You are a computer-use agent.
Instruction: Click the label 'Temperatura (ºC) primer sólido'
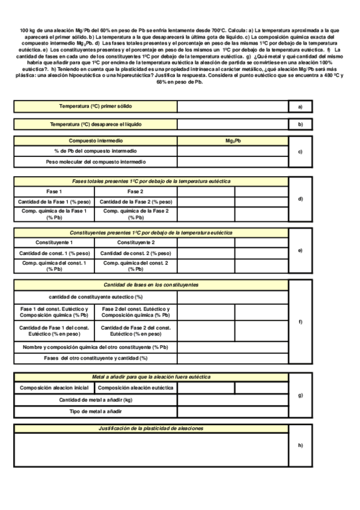96,106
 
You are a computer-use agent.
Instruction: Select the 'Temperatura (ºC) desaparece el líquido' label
96,124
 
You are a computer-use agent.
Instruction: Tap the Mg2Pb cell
233,140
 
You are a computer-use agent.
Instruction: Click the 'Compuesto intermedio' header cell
96,140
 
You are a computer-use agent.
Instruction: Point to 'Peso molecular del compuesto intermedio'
96,162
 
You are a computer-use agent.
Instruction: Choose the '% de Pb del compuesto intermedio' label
96,151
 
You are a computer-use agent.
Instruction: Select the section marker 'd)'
300,198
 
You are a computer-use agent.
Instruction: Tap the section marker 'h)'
300,445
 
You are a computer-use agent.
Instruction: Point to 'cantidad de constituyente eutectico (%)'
96,296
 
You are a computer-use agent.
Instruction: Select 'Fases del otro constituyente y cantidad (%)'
96,358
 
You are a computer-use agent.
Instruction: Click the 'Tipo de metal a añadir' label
96,411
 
